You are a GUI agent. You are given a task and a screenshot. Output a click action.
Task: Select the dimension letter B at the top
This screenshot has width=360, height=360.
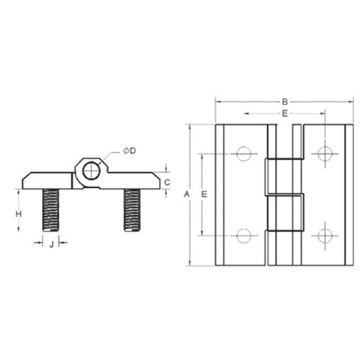(x=285, y=102)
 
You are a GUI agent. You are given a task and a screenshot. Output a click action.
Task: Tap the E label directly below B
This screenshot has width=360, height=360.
(x=285, y=114)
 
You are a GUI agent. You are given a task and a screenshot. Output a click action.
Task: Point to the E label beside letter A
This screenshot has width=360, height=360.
(x=204, y=195)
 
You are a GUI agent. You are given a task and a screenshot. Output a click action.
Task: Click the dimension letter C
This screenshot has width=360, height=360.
(x=167, y=183)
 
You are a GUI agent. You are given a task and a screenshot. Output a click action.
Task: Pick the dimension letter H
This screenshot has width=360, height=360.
(x=19, y=213)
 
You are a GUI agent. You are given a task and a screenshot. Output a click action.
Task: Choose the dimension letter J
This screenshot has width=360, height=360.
(x=51, y=245)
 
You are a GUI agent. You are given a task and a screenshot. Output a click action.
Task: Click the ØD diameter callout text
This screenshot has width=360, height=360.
(x=130, y=149)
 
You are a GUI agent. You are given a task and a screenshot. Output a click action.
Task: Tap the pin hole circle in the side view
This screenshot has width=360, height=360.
(x=91, y=171)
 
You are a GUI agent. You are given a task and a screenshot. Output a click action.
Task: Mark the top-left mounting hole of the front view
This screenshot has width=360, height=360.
(x=243, y=153)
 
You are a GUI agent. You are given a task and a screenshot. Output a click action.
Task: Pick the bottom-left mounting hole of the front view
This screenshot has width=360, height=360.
(x=243, y=235)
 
